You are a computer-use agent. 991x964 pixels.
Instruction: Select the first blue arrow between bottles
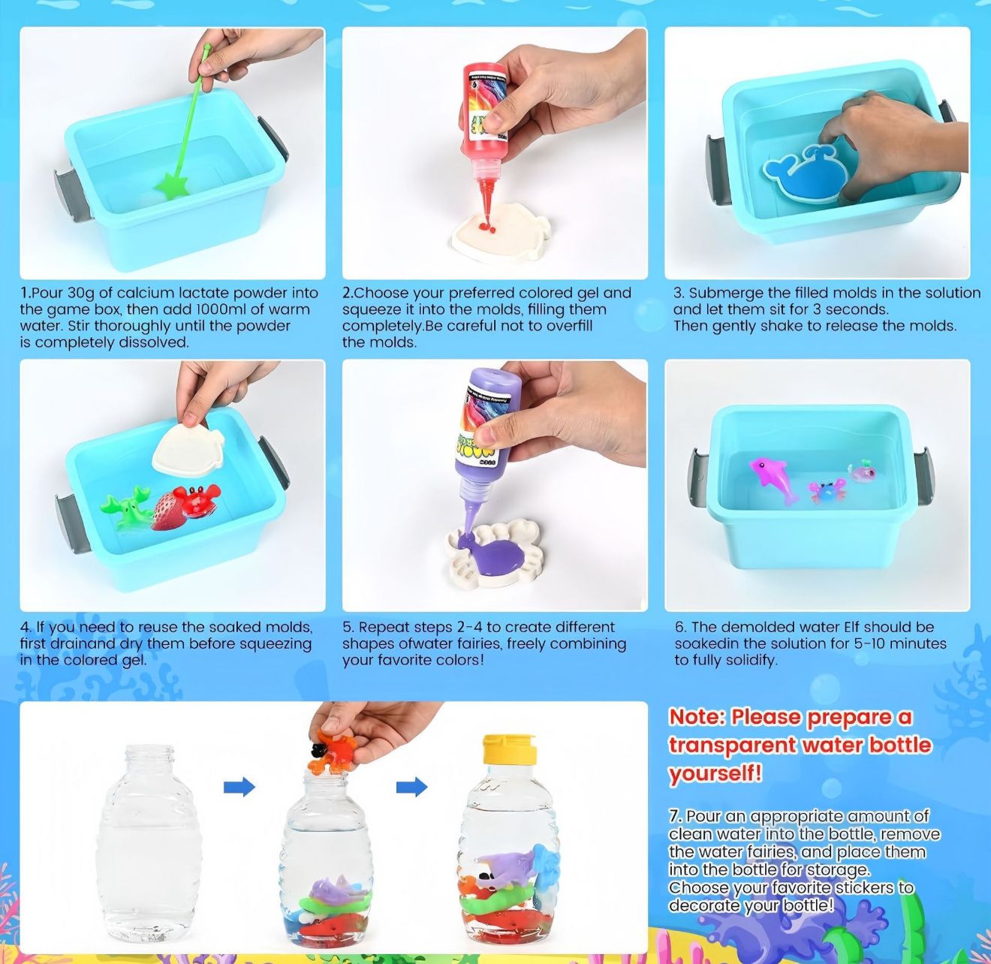pos(239,787)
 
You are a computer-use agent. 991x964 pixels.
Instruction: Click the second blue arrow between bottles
pos(411,787)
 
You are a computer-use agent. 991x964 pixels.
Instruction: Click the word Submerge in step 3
pos(724,293)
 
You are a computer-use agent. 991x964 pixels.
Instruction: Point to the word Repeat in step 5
pos(383,627)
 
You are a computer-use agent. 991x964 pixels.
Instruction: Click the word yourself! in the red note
pos(715,773)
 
